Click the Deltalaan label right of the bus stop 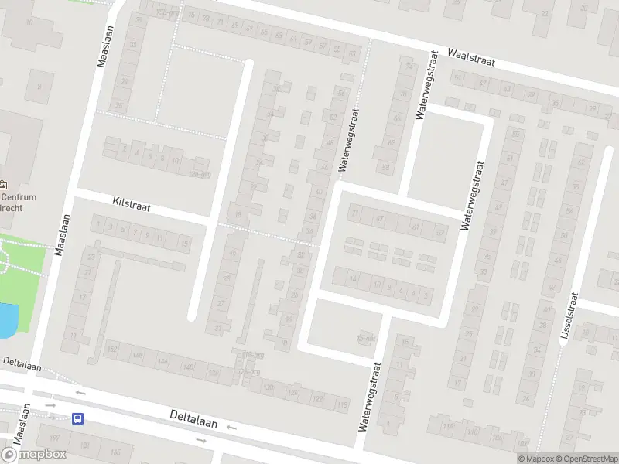coord(193,421)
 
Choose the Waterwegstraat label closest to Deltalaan coord(370,397)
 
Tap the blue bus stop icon coord(78,418)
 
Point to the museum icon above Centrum coord(5,185)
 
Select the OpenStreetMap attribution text coord(585,459)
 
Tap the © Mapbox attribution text coord(535,459)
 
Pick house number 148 coord(138,356)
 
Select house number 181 coord(85,446)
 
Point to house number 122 coord(318,399)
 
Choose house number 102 coord(522,444)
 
